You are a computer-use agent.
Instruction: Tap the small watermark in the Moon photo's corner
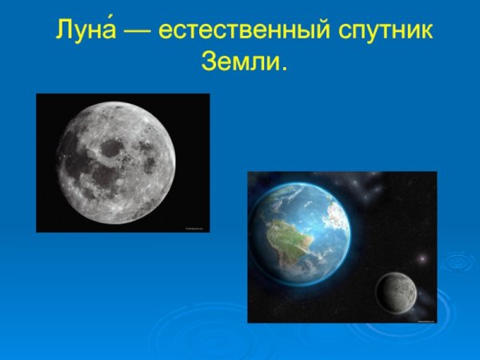(196, 228)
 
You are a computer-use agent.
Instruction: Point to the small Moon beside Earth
(395, 293)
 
